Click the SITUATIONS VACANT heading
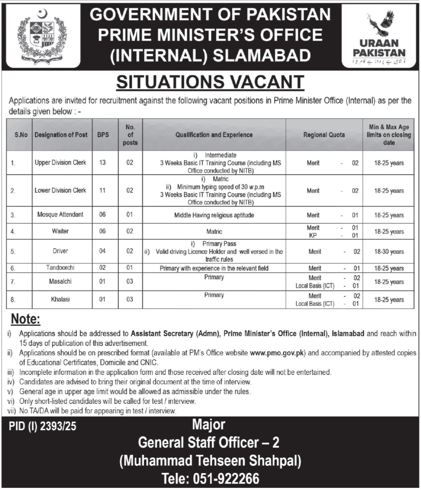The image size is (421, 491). [210, 82]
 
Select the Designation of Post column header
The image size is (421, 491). [61, 135]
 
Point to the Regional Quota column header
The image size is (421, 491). [324, 135]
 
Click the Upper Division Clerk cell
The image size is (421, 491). [60, 162]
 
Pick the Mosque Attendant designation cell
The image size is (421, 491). [60, 215]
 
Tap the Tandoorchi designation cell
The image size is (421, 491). [60, 268]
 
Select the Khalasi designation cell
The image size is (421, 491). [60, 299]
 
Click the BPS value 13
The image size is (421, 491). [102, 162]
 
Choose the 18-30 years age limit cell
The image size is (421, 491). [389, 252]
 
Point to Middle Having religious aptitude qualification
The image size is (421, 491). [214, 215]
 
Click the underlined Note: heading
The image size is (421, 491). [26, 320]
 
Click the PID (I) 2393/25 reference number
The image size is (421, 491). [43, 427]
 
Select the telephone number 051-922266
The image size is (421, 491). [211, 479]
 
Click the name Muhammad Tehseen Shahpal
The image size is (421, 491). [210, 461]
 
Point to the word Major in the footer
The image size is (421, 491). [209, 425]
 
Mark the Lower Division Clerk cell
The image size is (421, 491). [60, 190]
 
